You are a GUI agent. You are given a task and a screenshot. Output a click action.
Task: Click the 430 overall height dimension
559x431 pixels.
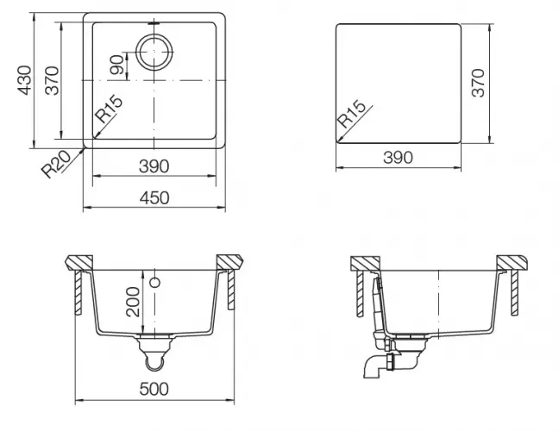(x=25, y=80)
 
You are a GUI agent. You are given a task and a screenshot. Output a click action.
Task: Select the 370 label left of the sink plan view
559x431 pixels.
(x=53, y=80)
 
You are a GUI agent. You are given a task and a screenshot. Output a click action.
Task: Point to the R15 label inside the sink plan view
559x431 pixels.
(x=110, y=112)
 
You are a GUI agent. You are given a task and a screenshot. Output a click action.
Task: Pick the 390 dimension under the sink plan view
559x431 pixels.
(x=153, y=166)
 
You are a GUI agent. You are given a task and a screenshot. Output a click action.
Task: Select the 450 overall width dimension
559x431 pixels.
(x=154, y=197)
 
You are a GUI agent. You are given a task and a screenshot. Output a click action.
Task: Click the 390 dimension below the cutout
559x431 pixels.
(x=398, y=157)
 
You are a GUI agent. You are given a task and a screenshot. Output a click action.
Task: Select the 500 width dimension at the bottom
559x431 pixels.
(x=154, y=390)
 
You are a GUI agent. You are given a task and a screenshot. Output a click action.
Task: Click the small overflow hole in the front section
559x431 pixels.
(x=155, y=282)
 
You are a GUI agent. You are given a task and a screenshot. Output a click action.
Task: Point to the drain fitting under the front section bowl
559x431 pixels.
(x=154, y=348)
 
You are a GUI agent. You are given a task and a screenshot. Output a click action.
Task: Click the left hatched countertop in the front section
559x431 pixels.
(x=80, y=260)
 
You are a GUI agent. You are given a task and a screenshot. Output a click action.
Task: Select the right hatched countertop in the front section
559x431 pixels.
(x=229, y=260)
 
